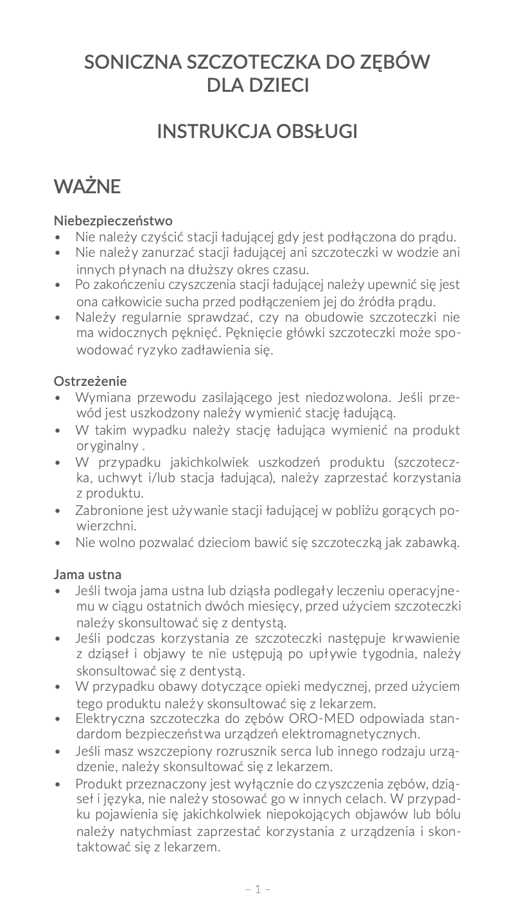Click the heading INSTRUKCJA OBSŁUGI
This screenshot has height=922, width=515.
pos(257,132)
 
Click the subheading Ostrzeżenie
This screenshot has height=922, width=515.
pos(90,381)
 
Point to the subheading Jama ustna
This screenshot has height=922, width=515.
pos(87,573)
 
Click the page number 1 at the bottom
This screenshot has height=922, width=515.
pos(257,889)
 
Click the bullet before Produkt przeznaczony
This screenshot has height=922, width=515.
pos(59,785)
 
